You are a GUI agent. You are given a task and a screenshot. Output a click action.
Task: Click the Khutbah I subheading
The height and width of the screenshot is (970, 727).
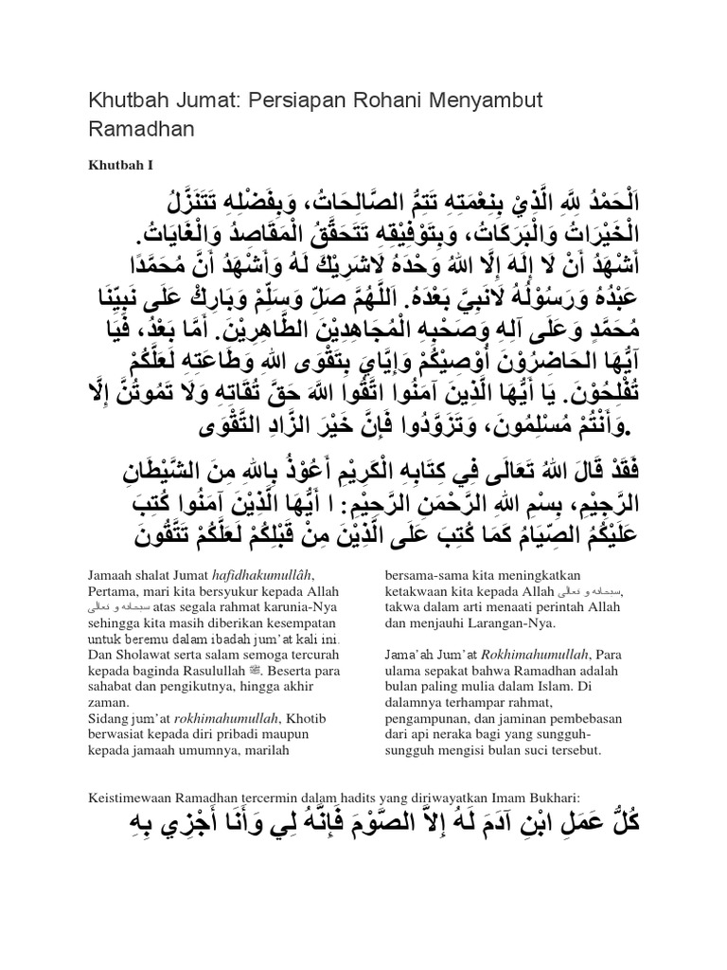click(x=121, y=164)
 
